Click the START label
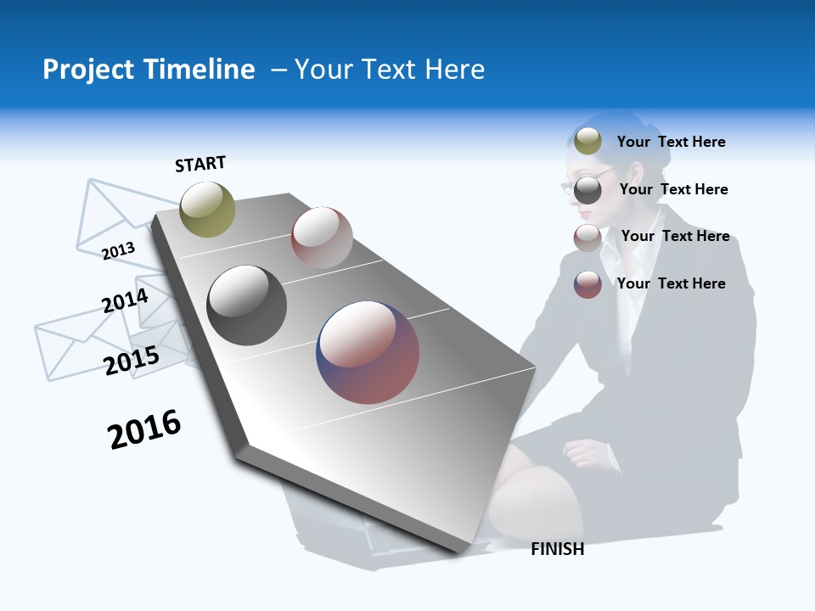point(200,164)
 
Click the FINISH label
point(557,549)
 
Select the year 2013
point(118,250)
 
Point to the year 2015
point(132,361)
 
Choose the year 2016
point(144,429)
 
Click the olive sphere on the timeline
point(207,210)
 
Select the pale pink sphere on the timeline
point(322,238)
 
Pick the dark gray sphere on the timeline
point(246,305)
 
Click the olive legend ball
point(587,142)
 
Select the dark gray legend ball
point(587,190)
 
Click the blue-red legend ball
point(587,284)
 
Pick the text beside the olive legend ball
point(671,142)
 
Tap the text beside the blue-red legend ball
point(671,283)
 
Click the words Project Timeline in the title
point(149,70)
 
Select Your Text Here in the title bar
point(390,70)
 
